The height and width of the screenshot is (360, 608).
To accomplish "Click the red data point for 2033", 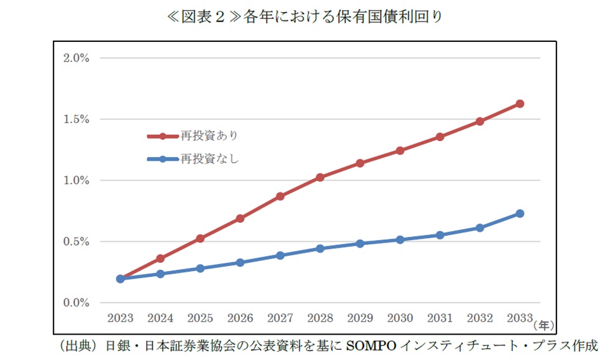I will tap(519, 103).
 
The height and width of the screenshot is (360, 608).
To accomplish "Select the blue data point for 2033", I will tap(519, 213).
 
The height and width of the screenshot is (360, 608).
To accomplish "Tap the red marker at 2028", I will tap(320, 177).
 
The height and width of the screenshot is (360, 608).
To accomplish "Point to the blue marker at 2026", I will tap(240, 262).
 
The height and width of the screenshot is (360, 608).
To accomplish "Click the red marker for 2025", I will tap(200, 239).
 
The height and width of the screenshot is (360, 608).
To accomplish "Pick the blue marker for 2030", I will tap(400, 240).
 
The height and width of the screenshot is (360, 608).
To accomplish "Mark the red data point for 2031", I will tap(440, 137).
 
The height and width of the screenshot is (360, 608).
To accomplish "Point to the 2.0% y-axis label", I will tap(76, 58).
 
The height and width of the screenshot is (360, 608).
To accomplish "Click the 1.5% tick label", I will tap(76, 119).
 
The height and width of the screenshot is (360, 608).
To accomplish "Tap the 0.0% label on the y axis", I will tap(76, 303).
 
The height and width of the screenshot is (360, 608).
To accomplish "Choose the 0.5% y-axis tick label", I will tap(76, 242).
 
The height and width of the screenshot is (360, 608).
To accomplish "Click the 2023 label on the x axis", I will tap(120, 317).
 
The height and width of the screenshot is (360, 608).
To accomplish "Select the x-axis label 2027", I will tap(280, 317).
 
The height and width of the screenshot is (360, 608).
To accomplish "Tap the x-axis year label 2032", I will tap(480, 317).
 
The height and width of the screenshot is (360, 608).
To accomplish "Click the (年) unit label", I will tap(544, 324).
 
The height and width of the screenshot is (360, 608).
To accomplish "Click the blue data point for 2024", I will tap(160, 274).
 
